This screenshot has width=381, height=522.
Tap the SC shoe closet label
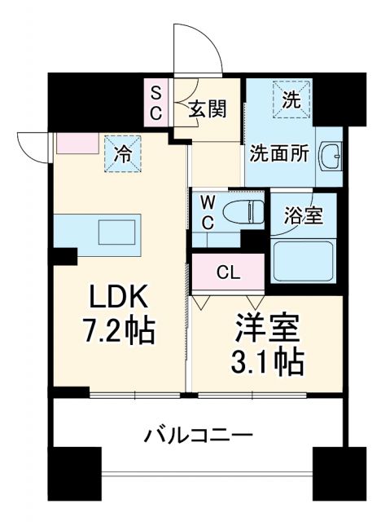point(155,101)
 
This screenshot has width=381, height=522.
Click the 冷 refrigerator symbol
point(123,152)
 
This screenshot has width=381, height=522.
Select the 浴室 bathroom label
point(304,216)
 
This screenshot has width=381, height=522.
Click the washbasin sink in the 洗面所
point(331,154)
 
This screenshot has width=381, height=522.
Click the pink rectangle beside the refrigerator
point(77,144)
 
